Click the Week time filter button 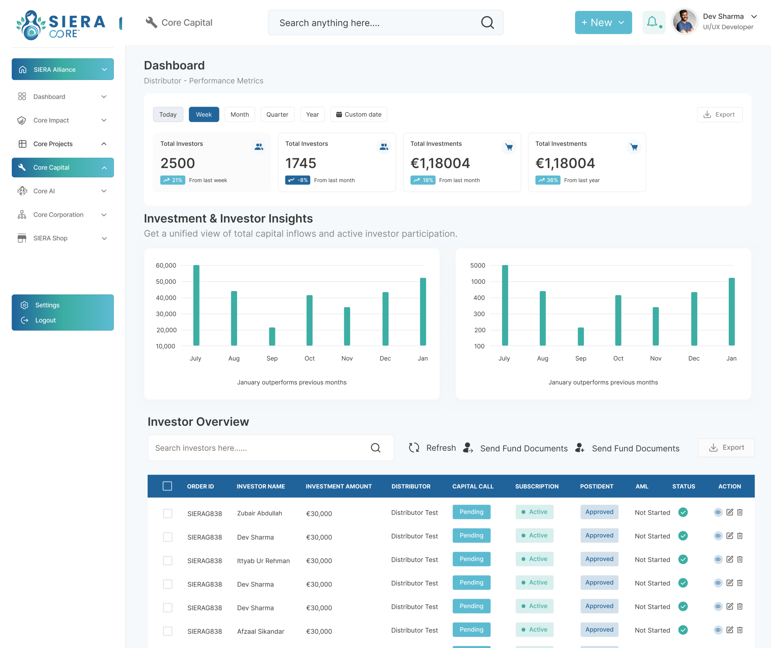[x=204, y=114]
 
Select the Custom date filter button [x=359, y=114]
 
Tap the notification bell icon [x=652, y=22]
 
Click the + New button [x=603, y=22]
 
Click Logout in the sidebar [x=45, y=320]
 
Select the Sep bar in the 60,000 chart [x=272, y=336]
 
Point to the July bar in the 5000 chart [x=505, y=305]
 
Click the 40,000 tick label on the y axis [x=166, y=297]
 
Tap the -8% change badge [x=298, y=180]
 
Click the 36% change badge [x=548, y=180]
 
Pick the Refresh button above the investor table [x=432, y=448]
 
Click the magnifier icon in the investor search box [x=376, y=448]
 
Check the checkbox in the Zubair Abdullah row [x=168, y=513]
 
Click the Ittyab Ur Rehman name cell [x=263, y=561]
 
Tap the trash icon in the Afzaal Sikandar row [x=740, y=630]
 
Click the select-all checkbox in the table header [x=167, y=486]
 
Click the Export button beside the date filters [x=719, y=114]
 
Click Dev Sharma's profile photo [x=685, y=22]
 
